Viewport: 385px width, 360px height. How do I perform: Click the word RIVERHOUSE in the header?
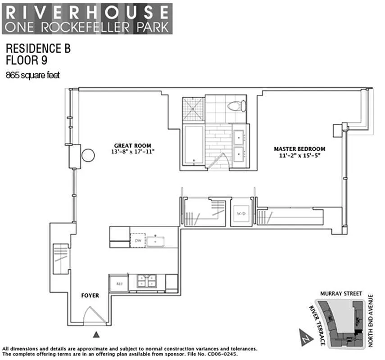point(86,11)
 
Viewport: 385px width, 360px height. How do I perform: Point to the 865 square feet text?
point(32,76)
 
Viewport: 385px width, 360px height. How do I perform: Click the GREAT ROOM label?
point(132,145)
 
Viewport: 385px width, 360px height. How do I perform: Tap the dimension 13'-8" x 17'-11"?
point(132,152)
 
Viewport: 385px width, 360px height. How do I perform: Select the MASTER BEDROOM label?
point(299,149)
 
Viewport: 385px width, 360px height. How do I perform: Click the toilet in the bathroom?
point(236,106)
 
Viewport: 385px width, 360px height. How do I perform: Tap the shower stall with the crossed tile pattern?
point(193,109)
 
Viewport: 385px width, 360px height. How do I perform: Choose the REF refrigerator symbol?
point(119,283)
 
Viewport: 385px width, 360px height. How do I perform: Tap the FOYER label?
point(90,296)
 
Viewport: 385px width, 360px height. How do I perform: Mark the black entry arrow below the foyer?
point(96,334)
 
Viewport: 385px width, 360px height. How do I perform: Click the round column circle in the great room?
point(88,156)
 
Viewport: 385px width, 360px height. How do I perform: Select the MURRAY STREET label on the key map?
point(341,293)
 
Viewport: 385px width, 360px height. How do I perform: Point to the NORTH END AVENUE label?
point(371,320)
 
